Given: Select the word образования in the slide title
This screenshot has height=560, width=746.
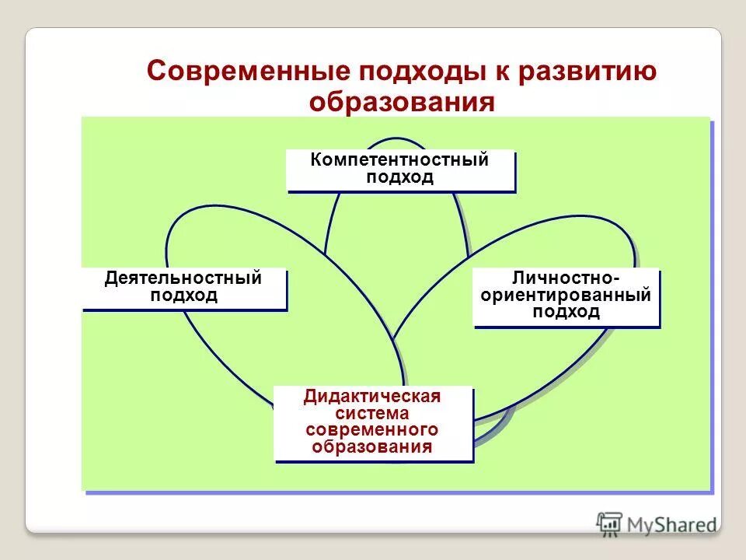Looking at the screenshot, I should [402, 103].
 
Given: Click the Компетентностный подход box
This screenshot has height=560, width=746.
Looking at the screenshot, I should [400, 170].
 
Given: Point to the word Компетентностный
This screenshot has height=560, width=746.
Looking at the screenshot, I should [399, 161].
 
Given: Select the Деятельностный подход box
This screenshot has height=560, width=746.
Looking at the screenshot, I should [184, 289].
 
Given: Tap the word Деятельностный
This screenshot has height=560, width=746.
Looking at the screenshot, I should [183, 278].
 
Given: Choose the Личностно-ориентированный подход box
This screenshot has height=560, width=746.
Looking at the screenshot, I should [566, 296].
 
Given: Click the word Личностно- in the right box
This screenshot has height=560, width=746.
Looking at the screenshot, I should [566, 278].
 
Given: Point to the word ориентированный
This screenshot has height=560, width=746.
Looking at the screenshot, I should [566, 296].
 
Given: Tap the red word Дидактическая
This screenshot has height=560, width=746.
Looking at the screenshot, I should [372, 397].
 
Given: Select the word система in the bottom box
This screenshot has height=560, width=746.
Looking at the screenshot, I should [372, 413].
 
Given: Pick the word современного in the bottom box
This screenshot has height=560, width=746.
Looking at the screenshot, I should [372, 430].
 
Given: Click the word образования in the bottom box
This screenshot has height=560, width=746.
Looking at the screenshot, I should [372, 447].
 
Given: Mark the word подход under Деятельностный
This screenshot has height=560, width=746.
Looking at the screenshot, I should [183, 296].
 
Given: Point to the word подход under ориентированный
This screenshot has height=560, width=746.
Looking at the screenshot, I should [566, 313].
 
